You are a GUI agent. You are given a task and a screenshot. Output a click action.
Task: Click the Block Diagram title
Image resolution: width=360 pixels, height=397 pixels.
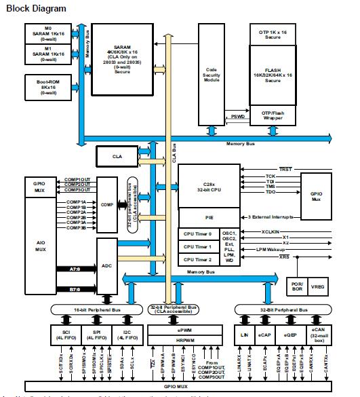pyautogui.click(x=37, y=8)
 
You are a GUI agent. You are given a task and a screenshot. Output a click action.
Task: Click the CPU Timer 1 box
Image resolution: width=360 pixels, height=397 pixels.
pyautogui.click(x=197, y=247)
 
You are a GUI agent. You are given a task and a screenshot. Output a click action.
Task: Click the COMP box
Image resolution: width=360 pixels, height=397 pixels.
pyautogui.click(x=107, y=204)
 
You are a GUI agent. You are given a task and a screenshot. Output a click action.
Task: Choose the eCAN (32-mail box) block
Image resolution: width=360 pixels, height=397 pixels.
pyautogui.click(x=319, y=335)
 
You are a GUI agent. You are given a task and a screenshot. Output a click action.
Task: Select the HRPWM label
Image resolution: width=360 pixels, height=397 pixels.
pyautogui.click(x=184, y=340)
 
